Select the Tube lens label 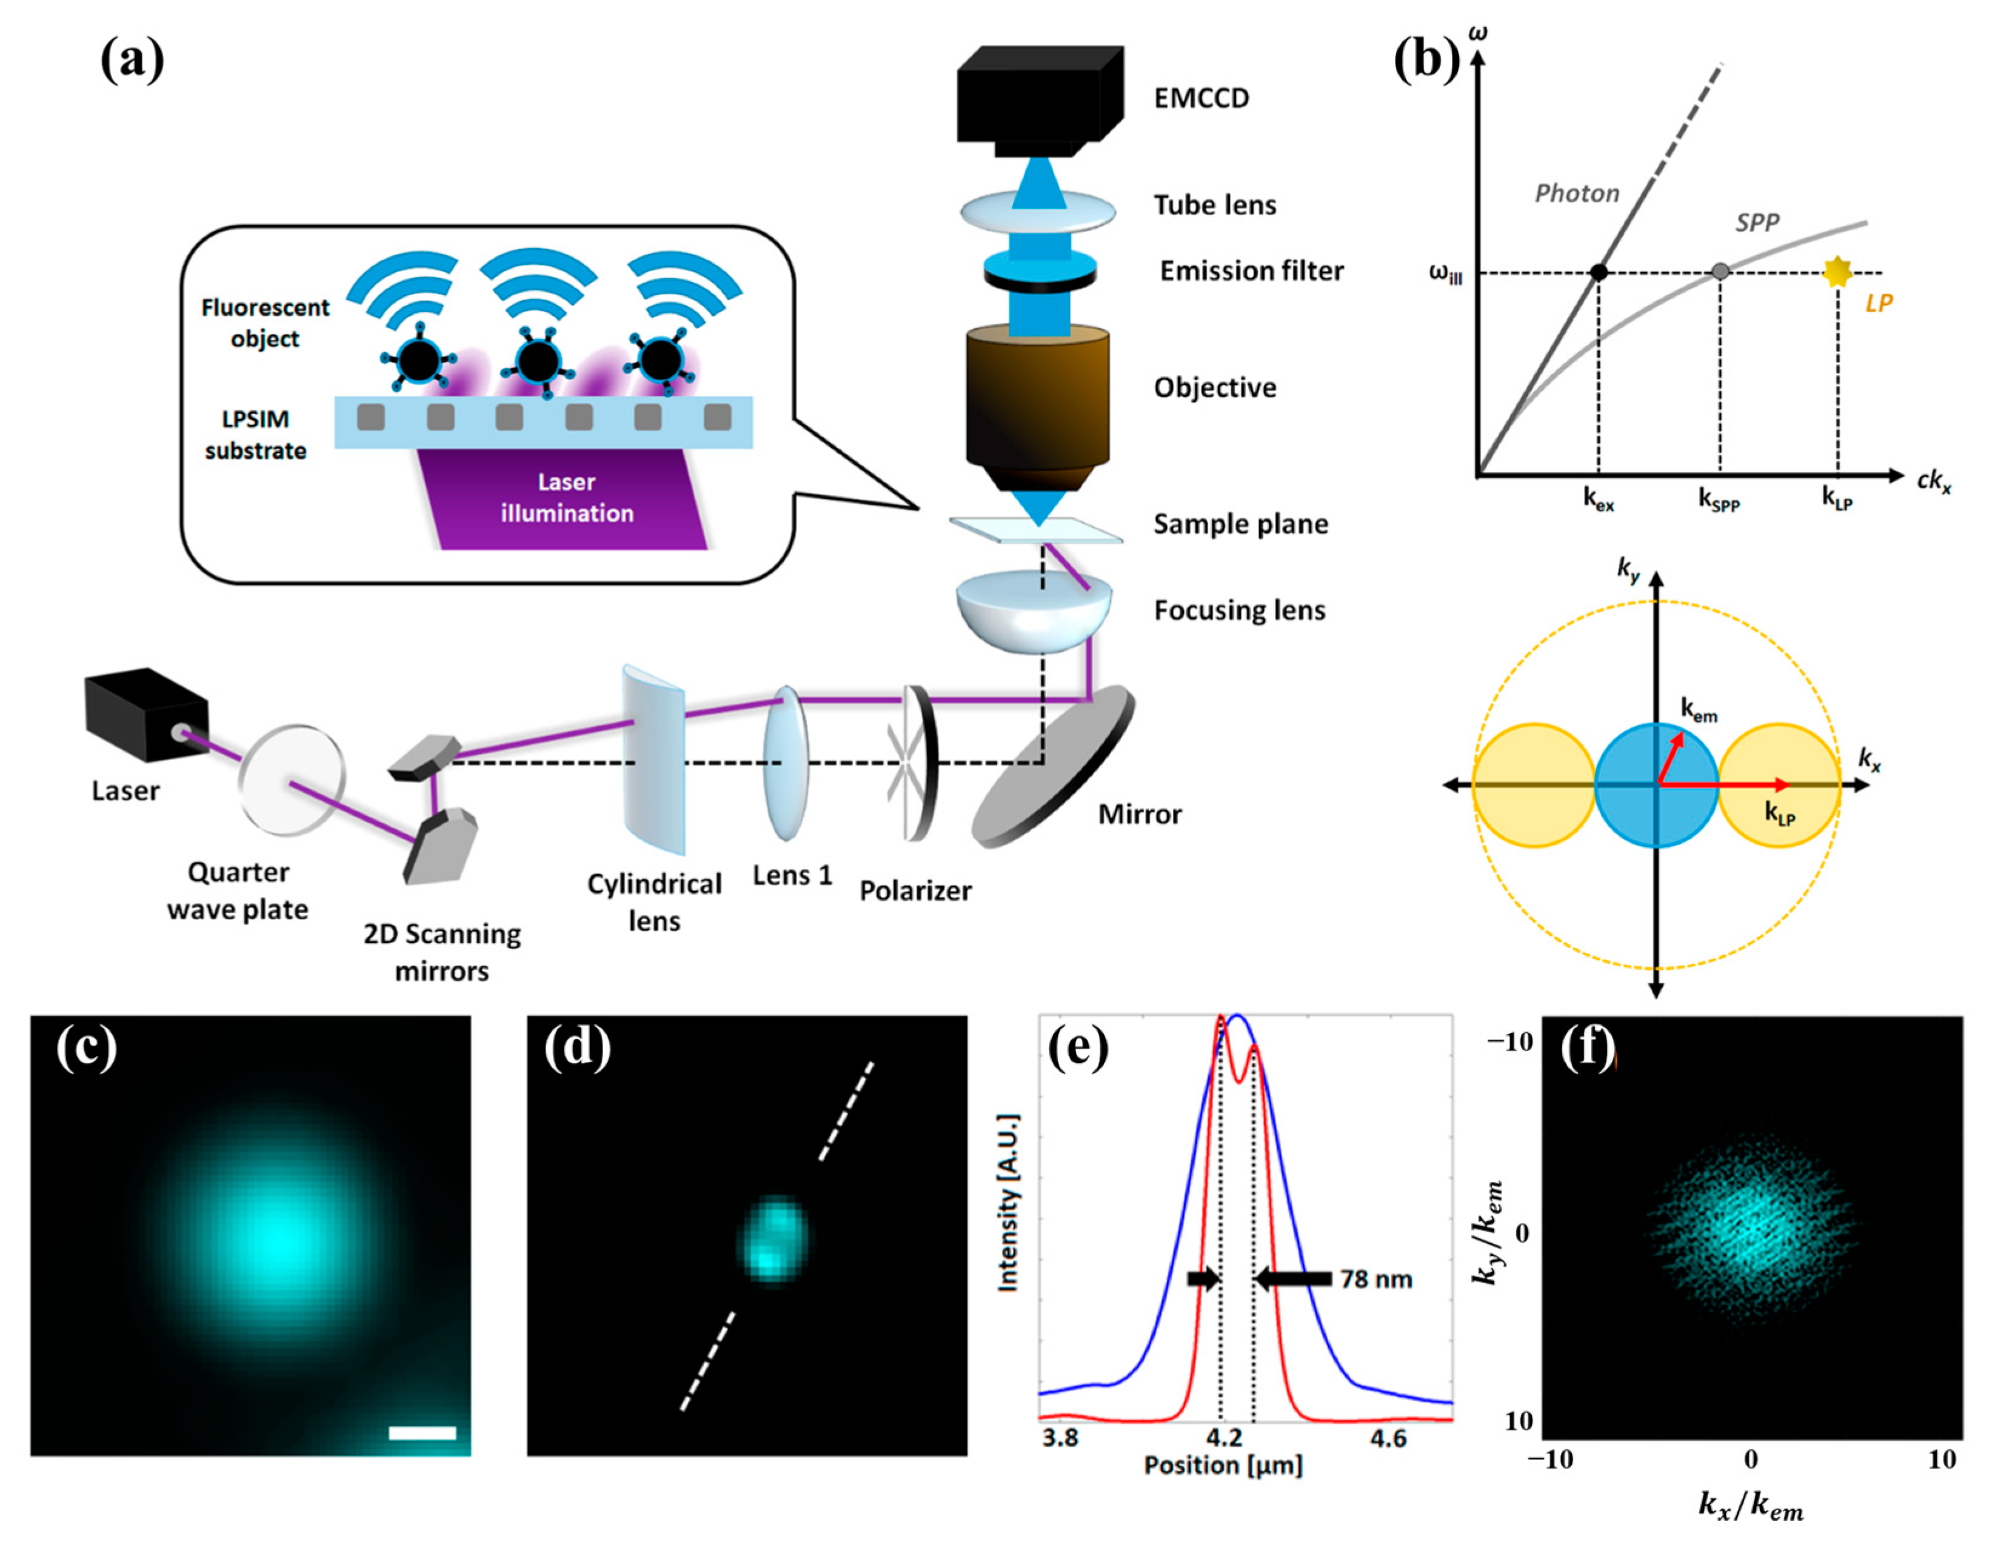click(x=1214, y=205)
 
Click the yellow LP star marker click(x=1836, y=271)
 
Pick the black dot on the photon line click(x=1599, y=271)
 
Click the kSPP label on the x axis click(x=1719, y=499)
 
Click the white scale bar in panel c click(x=422, y=1433)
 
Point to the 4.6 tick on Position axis click(x=1388, y=1438)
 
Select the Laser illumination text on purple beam click(x=566, y=498)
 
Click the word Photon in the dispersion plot click(x=1577, y=193)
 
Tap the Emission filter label click(x=1251, y=271)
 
